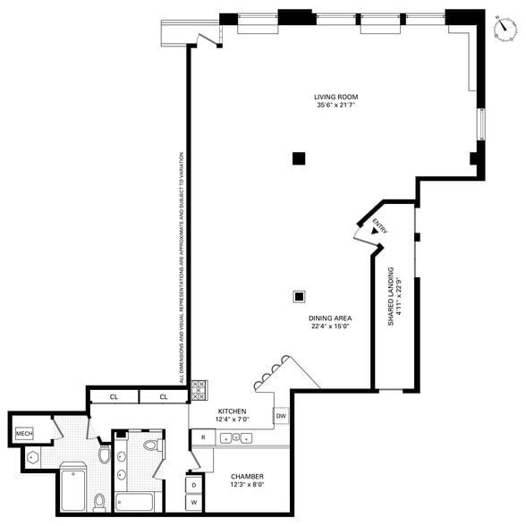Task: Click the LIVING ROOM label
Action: coord(335,97)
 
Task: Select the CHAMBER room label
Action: coord(246,476)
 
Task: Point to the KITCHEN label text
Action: coord(232,411)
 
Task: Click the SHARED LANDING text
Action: coord(391,296)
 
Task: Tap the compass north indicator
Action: coord(505,27)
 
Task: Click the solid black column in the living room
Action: coord(299,159)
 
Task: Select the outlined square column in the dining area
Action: coord(300,296)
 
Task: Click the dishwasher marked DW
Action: coord(281,416)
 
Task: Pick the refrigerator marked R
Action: coord(203,437)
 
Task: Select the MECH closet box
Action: coord(24,436)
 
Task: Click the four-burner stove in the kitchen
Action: coord(199,389)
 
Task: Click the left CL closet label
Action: coord(115,396)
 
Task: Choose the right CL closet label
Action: coord(165,396)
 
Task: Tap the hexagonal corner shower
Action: coord(34,456)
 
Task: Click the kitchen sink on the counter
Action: coord(234,437)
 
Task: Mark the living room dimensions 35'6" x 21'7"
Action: coord(335,106)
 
